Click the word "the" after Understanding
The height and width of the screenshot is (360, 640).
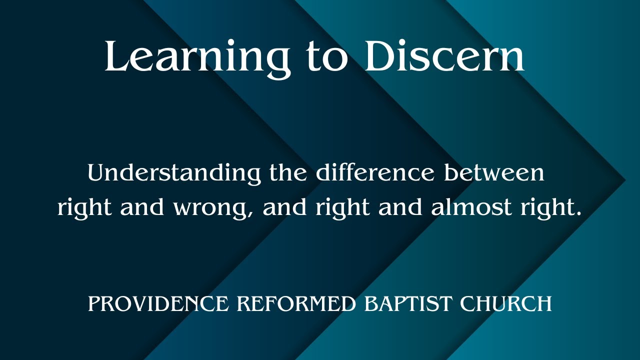288,173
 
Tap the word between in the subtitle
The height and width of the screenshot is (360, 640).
494,173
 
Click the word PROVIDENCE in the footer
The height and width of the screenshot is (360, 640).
158,303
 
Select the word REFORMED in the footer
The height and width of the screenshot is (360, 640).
297,303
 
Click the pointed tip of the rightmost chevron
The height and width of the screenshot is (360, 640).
625,180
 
